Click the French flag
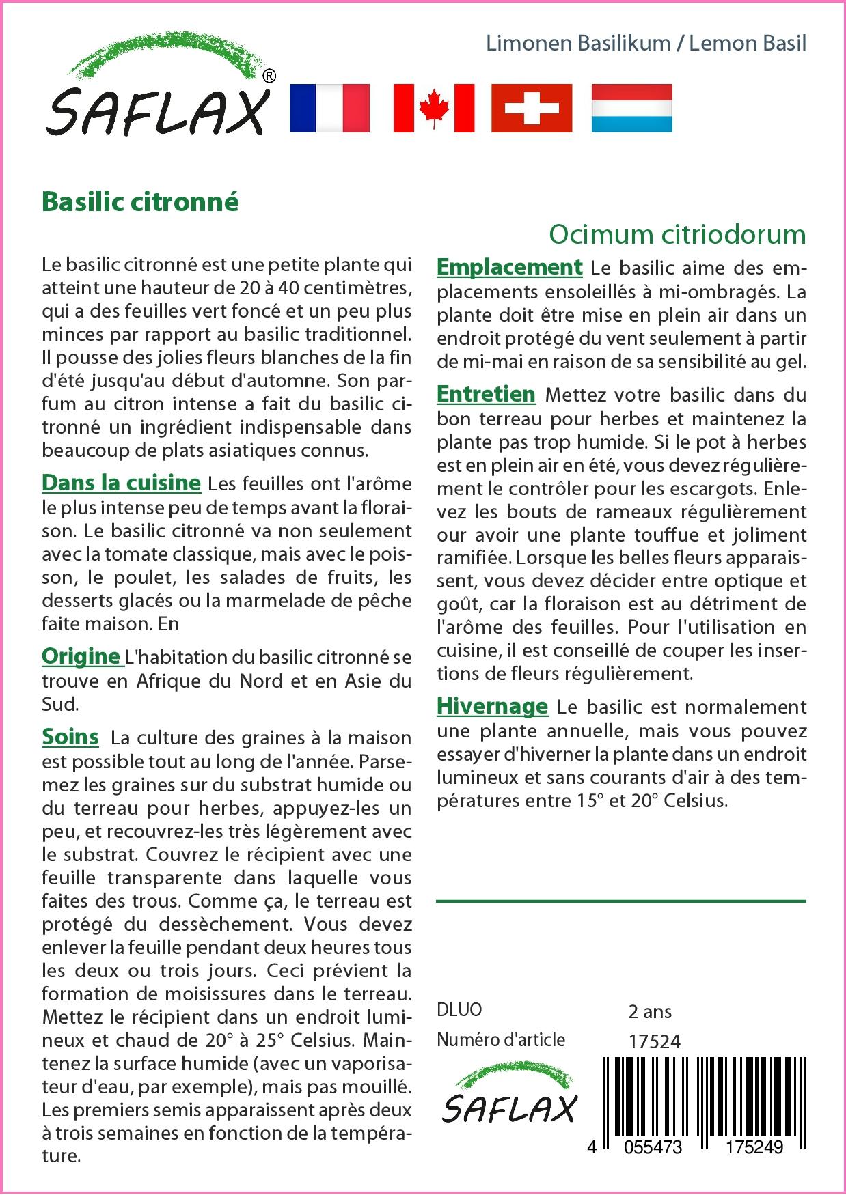(x=329, y=108)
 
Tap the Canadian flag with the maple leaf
(x=433, y=108)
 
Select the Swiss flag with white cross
(x=532, y=108)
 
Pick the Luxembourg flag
(x=631, y=108)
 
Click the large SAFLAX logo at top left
(x=157, y=89)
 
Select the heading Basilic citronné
(x=140, y=202)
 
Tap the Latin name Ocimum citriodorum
(x=677, y=234)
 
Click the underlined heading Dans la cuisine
(x=121, y=482)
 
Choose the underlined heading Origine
(x=81, y=656)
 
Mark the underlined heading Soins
(x=70, y=736)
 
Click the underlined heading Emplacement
(x=509, y=266)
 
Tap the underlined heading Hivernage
(x=492, y=706)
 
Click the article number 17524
(x=654, y=1041)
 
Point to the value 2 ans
(x=649, y=1011)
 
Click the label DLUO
(x=459, y=1010)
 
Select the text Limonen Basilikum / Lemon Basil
(x=646, y=43)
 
